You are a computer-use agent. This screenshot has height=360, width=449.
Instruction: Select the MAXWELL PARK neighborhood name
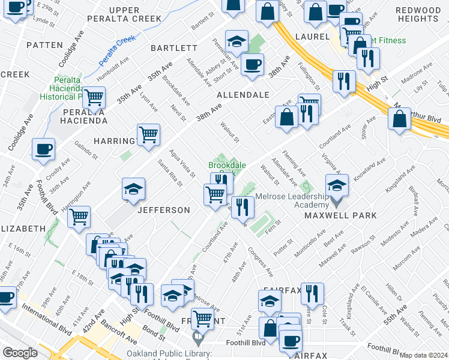pyautogui.click(x=340, y=215)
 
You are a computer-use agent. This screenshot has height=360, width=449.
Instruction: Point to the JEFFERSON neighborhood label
pyautogui.click(x=164, y=210)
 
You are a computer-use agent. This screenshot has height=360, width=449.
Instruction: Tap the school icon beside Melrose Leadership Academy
pyautogui.click(x=337, y=187)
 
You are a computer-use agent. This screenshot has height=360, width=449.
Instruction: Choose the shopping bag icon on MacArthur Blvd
pyautogui.click(x=399, y=118)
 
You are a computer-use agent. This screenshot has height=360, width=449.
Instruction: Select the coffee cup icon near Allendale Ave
pyautogui.click(x=252, y=64)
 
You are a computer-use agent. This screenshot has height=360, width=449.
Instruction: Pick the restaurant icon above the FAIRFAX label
pyautogui.click(x=312, y=294)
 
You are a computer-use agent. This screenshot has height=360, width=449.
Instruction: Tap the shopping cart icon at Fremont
pyautogui.click(x=203, y=319)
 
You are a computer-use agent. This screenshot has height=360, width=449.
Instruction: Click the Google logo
pyautogui.click(x=19, y=353)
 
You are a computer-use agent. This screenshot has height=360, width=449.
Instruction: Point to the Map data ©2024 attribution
pyautogui.click(x=423, y=355)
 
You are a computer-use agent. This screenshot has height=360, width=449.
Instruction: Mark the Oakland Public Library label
pyautogui.click(x=169, y=354)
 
